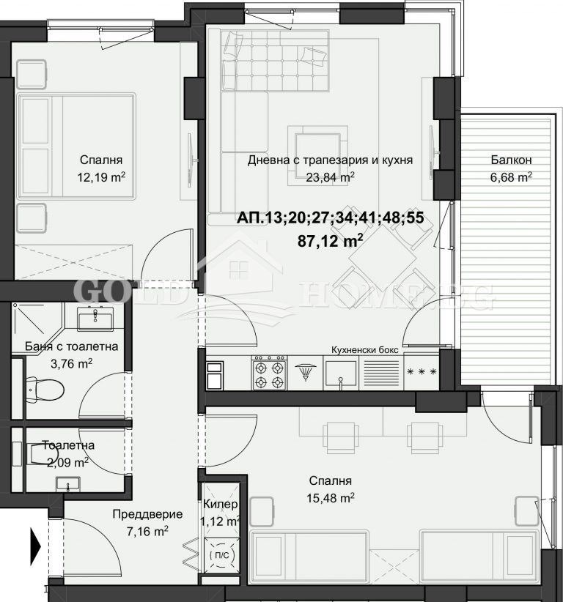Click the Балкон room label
511,160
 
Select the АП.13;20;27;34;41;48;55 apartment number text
331,218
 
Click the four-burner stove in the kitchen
268,373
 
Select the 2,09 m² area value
67,461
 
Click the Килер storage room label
220,505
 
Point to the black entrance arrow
35,544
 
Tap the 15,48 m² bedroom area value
331,497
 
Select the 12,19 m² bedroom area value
101,176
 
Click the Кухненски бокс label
365,350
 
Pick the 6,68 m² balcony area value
511,176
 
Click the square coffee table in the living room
317,148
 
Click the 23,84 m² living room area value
331,176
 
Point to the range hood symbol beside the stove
304,374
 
